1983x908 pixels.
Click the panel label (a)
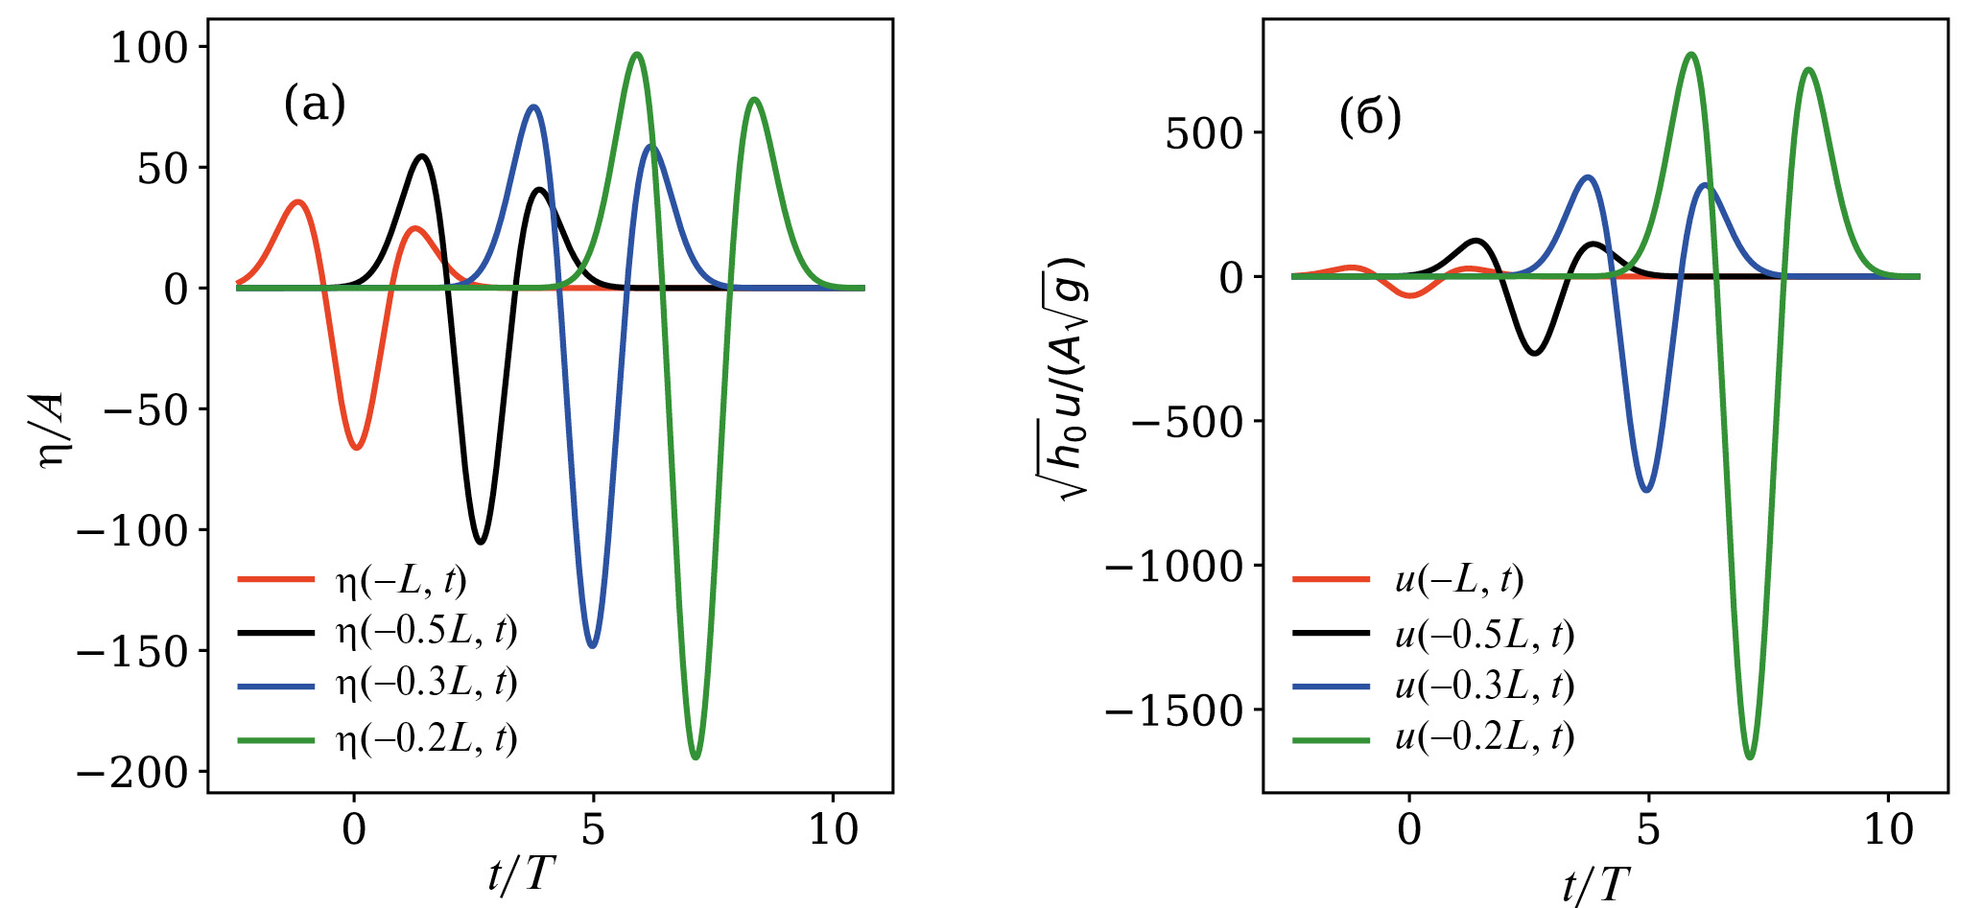tap(315, 104)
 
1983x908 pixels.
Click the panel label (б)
tap(1370, 118)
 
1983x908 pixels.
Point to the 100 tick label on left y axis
tap(153, 48)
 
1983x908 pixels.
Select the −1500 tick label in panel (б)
tap(1174, 711)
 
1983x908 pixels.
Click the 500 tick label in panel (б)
tap(1204, 134)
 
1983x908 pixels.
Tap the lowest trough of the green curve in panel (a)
tap(696, 757)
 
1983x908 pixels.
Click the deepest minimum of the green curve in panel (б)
tap(1750, 757)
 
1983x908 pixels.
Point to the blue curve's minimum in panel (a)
tap(592, 646)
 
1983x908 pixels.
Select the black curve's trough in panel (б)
tap(1535, 354)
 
